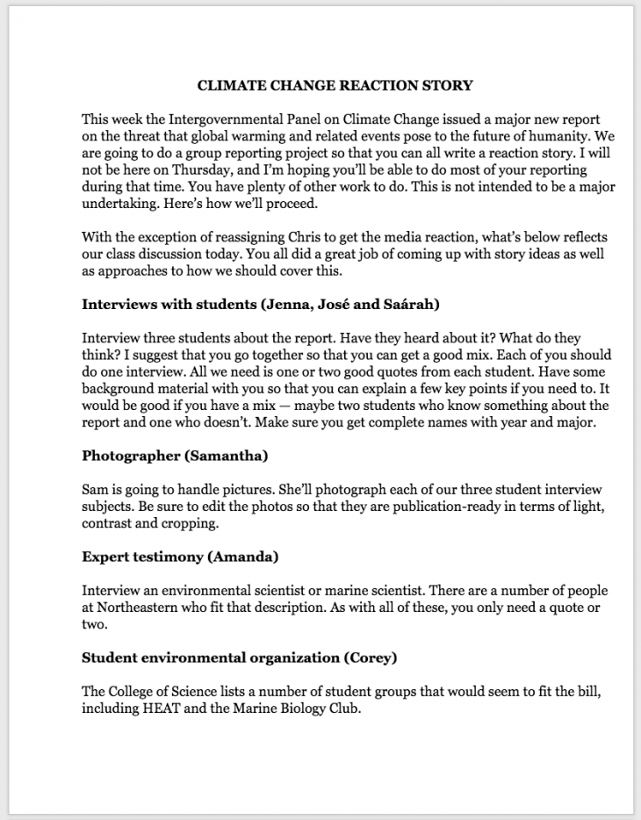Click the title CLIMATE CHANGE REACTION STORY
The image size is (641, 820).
coord(335,85)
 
